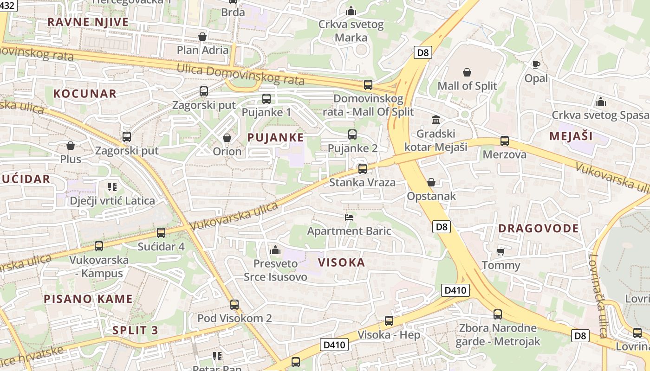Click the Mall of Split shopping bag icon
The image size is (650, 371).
(467, 72)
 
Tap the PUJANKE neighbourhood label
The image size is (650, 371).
(275, 137)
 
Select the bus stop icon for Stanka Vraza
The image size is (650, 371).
(363, 168)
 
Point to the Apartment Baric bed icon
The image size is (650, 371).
(349, 217)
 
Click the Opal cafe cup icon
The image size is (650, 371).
(536, 64)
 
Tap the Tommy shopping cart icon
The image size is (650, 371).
(500, 251)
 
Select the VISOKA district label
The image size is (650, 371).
(341, 262)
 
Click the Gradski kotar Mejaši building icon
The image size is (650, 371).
(436, 120)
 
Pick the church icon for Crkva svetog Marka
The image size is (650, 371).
(351, 10)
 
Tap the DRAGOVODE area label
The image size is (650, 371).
(539, 228)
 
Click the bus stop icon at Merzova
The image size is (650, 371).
(505, 141)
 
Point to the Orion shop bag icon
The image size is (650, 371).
(227, 138)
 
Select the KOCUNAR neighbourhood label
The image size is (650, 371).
(84, 94)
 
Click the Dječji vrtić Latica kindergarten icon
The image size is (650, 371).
(112, 187)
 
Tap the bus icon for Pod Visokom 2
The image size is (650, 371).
(234, 305)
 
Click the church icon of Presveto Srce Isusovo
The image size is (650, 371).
(275, 250)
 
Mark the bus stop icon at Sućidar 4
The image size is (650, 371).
(161, 232)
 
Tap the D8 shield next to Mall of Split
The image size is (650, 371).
(422, 52)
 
